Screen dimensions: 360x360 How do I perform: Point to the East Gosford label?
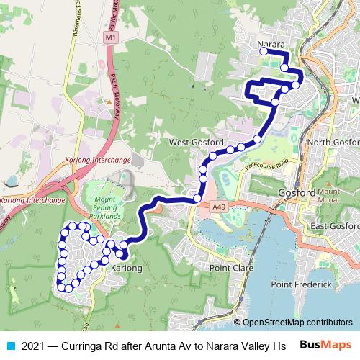[x=335, y=227]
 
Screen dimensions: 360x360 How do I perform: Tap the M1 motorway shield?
[x=109, y=36]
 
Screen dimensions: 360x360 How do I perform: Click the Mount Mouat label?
[x=328, y=197]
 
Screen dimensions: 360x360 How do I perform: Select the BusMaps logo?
[x=326, y=345]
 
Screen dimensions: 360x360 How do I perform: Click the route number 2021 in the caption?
[x=34, y=346]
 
